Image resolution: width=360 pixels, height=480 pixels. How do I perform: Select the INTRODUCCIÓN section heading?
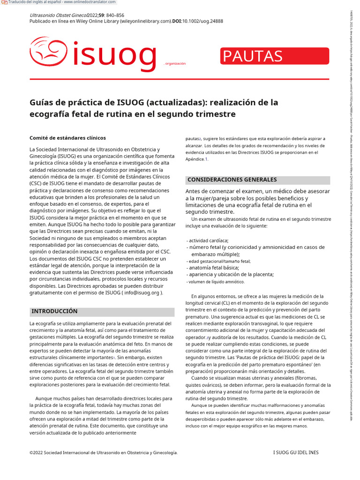tap(54, 311)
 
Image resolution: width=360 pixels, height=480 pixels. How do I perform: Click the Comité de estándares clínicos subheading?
tap(67, 138)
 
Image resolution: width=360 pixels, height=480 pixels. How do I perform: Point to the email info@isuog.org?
tap(142, 293)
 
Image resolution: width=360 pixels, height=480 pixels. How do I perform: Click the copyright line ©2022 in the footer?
tap(103, 452)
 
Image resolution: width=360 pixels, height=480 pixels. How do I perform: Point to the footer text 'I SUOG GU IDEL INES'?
tap(295, 452)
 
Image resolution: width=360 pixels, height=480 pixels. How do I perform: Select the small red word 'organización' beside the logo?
tap(175, 63)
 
